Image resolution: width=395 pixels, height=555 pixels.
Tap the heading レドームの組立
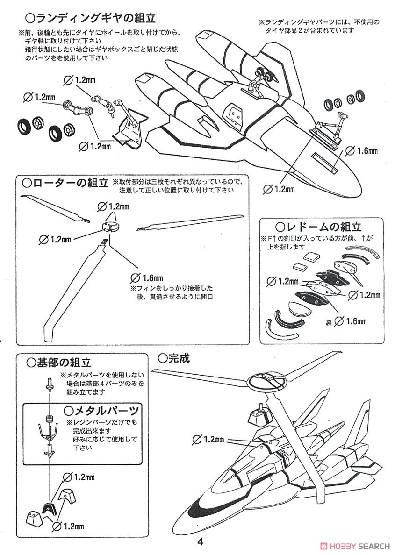(318, 228)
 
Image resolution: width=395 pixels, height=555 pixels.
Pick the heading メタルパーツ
(101, 411)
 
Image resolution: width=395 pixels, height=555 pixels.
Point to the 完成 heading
(174, 358)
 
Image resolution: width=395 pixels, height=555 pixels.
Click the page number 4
(200, 542)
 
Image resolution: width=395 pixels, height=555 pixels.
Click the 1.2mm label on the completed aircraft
(209, 440)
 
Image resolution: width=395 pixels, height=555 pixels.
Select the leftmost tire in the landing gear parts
(23, 125)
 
